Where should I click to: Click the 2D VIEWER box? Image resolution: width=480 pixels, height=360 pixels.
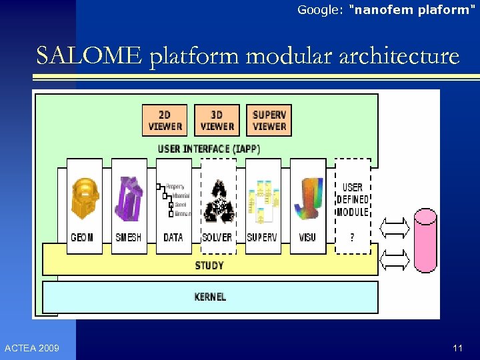coord(165,120)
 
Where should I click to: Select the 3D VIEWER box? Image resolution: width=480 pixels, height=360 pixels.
coord(217,120)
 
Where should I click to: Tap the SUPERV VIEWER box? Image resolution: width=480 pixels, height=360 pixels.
coord(269,120)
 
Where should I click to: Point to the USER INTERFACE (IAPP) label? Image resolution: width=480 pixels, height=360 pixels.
coord(209,149)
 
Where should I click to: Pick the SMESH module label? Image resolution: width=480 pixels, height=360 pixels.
coord(129,237)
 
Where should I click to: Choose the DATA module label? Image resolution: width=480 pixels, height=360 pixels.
coord(173,237)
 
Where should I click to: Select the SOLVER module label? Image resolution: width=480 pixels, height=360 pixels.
coord(217,237)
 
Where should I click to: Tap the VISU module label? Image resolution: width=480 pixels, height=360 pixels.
coord(307,237)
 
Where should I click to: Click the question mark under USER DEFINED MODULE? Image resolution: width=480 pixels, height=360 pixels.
coord(352,238)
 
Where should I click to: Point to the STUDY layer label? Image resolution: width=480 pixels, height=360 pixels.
coord(209,265)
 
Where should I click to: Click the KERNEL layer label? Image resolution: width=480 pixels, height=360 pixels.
coord(209,296)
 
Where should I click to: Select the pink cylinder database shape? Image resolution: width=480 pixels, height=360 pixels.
coord(425,240)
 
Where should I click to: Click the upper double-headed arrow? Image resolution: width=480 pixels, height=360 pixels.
coord(395,229)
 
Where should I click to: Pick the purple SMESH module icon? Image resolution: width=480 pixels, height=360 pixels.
coord(129,199)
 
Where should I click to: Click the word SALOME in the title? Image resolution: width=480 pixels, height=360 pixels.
coord(89,56)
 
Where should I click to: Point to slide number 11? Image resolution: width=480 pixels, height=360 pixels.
coord(457,348)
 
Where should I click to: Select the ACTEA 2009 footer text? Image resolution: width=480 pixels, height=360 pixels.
coord(31,348)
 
